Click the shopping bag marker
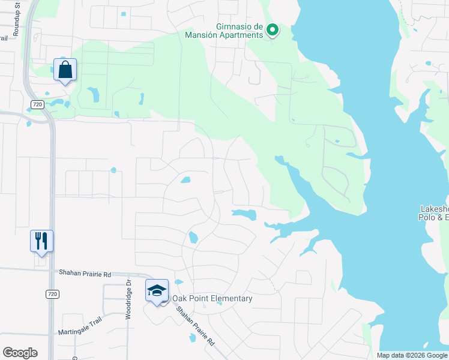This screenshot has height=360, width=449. tap(65, 70)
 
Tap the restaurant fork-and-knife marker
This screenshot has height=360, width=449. tap(41, 241)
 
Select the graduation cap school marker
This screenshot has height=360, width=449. tap(157, 292)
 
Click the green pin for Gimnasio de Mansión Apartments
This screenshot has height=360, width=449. tap(272, 29)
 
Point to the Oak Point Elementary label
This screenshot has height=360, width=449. tap(212, 299)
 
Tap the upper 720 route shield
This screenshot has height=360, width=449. tap(37, 104)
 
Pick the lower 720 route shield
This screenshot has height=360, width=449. tap(53, 294)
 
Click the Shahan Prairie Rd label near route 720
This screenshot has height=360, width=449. tap(85, 273)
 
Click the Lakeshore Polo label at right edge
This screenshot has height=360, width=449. tap(434, 213)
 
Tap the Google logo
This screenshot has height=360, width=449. tap(20, 353)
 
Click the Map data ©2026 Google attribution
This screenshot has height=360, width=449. tap(411, 355)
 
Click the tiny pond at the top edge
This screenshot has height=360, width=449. tap(123, 14)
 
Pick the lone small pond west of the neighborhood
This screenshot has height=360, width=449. tap(113, 170)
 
